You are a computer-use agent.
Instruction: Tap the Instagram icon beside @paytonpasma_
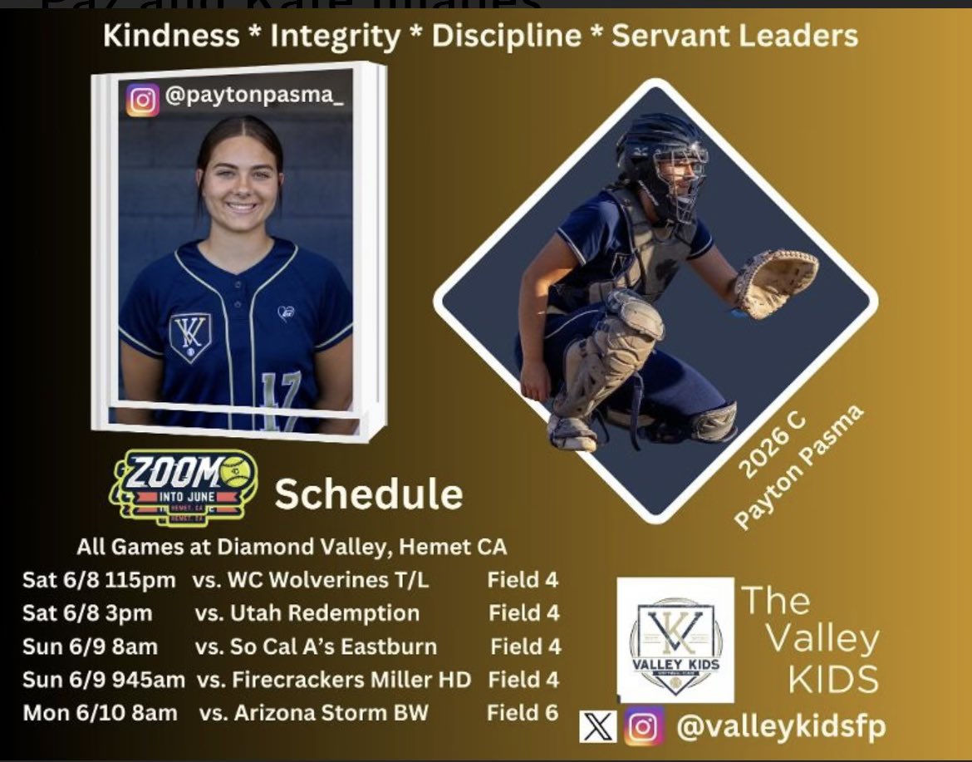[142, 100]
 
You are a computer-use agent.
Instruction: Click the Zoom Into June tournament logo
[184, 490]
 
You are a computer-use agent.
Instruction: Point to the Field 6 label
[523, 713]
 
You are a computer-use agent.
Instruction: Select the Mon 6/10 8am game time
[100, 713]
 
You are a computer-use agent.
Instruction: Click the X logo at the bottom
[598, 728]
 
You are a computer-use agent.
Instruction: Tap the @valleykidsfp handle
[780, 727]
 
